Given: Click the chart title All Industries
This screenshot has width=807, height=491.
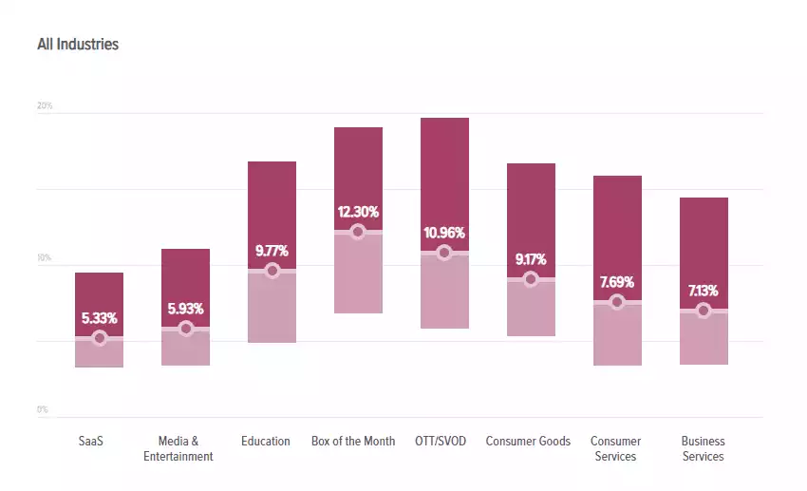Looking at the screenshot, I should (78, 45).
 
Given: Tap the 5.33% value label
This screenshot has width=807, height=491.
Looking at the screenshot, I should (99, 318).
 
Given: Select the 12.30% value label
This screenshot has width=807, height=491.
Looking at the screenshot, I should (358, 212).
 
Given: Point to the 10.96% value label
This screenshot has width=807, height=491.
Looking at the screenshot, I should (444, 233).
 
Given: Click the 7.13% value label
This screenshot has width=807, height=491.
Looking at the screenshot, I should (704, 291).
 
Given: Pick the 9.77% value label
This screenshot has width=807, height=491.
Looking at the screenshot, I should (272, 251).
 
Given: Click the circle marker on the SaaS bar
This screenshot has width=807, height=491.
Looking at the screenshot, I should (99, 338).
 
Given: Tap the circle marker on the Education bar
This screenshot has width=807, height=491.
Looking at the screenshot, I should (272, 271).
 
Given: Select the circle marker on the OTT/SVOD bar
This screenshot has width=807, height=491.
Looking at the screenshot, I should (444, 253).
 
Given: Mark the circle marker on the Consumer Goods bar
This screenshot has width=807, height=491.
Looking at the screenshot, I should (531, 279).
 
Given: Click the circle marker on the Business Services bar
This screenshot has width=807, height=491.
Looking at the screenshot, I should (704, 311).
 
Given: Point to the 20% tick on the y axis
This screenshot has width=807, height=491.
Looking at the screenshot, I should (45, 105).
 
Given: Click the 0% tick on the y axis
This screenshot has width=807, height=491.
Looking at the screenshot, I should (43, 409).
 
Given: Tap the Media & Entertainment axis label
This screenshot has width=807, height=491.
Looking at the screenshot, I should (178, 448).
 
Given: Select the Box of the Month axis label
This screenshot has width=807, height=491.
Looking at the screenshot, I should (353, 442).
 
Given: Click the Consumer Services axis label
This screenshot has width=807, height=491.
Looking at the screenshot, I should (615, 448).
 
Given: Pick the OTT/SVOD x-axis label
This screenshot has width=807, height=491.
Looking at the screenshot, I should (441, 442).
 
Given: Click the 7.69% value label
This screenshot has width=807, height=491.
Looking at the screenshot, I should (617, 282).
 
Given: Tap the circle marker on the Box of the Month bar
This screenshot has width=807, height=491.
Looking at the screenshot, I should (358, 232).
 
